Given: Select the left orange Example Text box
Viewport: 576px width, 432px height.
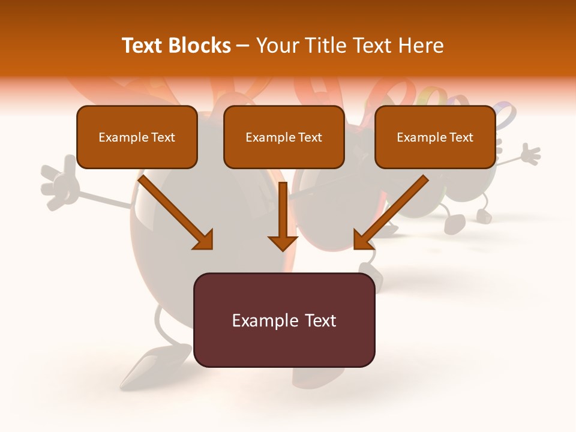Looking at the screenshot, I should click(137, 137).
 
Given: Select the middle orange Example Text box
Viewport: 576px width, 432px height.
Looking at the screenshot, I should click(284, 137).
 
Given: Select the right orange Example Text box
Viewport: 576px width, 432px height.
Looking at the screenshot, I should click(435, 137).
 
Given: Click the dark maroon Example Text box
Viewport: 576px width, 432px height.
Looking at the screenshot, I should click(284, 320).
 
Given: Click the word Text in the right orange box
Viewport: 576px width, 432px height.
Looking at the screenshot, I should click(461, 137).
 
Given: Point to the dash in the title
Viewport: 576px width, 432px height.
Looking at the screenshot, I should click(243, 46).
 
